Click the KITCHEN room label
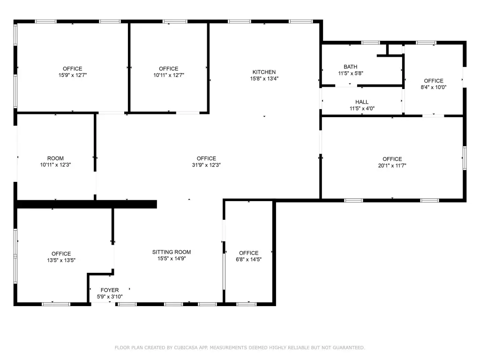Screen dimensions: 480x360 point(264,72)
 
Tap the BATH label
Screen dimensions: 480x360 point(350,67)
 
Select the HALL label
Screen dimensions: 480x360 point(362,102)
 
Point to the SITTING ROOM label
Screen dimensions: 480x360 point(172,252)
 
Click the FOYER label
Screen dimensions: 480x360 point(110,290)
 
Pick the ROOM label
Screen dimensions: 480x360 point(55,158)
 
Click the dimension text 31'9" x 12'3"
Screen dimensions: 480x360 point(206,165)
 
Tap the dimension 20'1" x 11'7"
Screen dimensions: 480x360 point(392,165)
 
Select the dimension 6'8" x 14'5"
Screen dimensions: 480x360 point(248,260)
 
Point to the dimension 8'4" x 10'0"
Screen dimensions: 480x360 point(434,87)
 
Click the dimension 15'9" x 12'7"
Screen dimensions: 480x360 point(73,75)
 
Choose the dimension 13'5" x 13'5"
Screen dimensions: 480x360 point(61,260)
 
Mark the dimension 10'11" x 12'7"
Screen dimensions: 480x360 point(169,75)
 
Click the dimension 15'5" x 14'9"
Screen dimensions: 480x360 point(172,258)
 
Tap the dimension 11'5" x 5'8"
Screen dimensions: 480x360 point(351,73)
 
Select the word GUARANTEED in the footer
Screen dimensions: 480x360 point(349,347)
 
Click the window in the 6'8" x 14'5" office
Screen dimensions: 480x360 point(247,304)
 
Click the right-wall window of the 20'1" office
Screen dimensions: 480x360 point(465,158)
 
